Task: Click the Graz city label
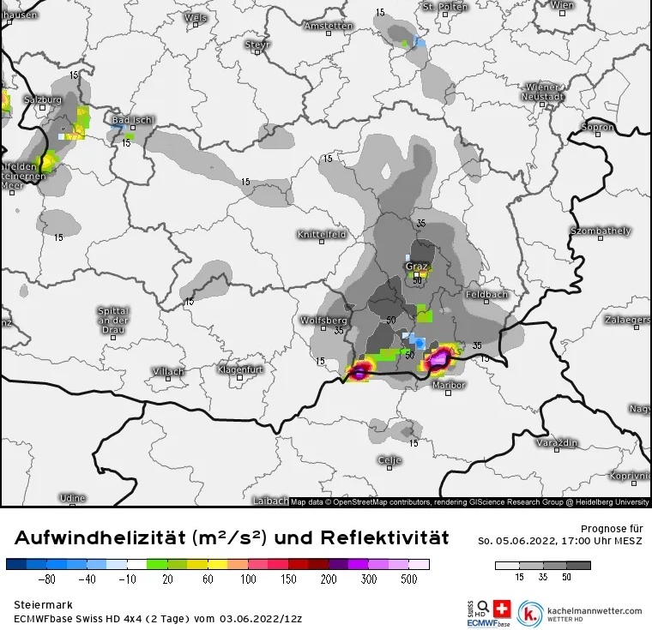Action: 417,267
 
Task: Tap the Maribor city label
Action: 450,385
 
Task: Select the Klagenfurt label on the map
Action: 240,369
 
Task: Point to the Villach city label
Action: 168,371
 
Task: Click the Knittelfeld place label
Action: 321,234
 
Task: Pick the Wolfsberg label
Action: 323,320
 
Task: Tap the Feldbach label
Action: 486,294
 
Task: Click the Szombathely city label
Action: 601,231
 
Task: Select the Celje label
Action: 389,460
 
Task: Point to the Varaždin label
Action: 557,443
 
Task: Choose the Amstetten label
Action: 328,27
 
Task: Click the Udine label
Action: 72,497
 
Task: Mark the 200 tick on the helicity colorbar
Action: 329,579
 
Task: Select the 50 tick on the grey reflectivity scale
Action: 566,578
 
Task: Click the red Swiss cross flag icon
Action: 502,610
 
